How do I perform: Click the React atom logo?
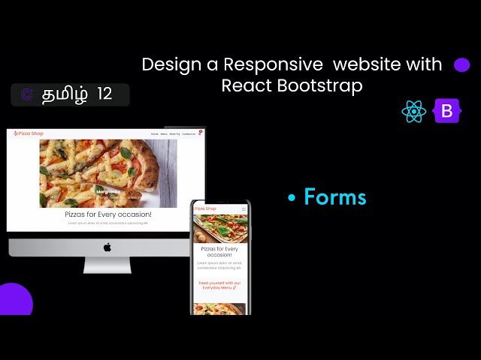[x=414, y=112]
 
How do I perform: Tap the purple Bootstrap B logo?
[x=447, y=112]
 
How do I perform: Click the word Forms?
[x=335, y=197]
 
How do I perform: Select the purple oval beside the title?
[x=462, y=65]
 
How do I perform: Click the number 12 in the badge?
[x=104, y=94]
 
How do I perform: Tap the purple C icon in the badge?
[x=27, y=94]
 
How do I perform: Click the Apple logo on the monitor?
[x=107, y=247]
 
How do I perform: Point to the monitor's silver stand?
[x=107, y=265]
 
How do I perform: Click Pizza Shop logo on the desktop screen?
[x=29, y=133]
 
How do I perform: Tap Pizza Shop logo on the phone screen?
[x=206, y=208]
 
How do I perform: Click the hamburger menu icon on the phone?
[x=241, y=208]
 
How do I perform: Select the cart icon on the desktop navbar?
[x=200, y=133]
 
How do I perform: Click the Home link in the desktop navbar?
[x=155, y=134]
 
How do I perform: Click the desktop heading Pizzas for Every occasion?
[x=107, y=214]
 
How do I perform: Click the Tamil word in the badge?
[x=65, y=94]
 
